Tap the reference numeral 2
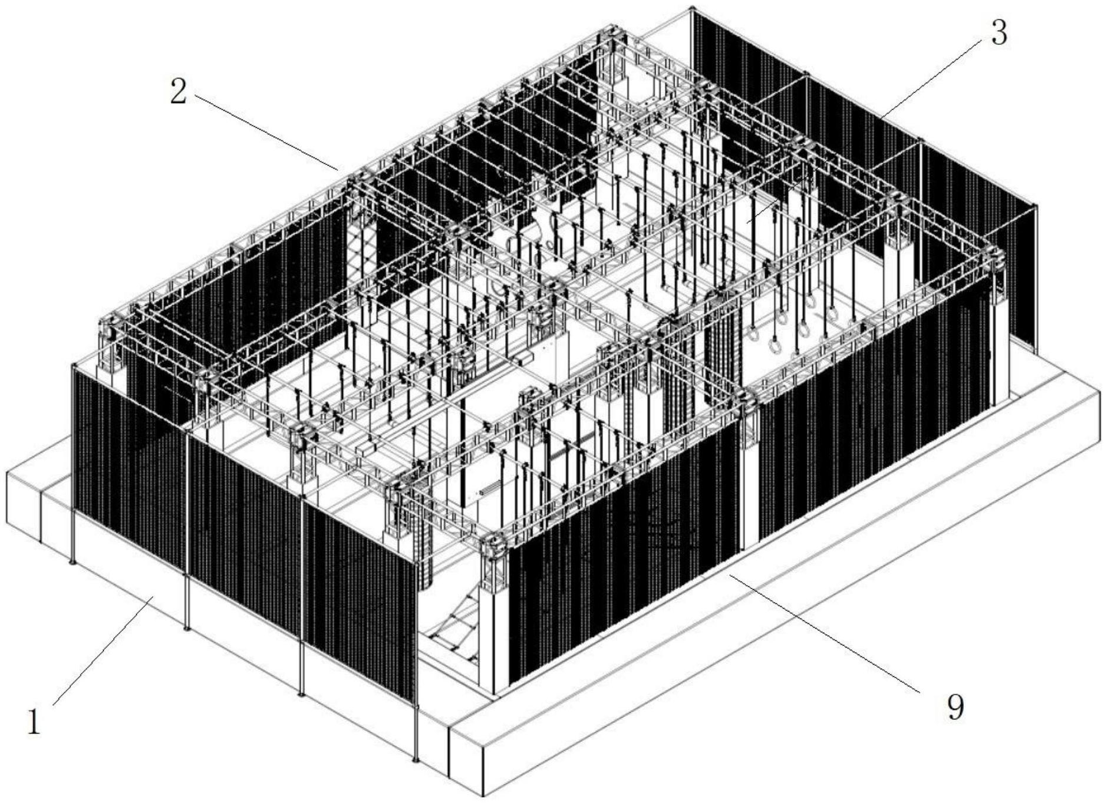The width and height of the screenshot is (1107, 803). (x=179, y=92)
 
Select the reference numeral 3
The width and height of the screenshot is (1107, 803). (x=999, y=33)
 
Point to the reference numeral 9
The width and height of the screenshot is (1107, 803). (x=956, y=706)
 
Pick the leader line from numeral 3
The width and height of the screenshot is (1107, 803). (x=931, y=75)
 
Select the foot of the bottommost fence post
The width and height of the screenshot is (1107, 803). (x=416, y=759)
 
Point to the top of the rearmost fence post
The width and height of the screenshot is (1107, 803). (x=693, y=9)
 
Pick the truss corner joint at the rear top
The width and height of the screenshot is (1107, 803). (x=610, y=34)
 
